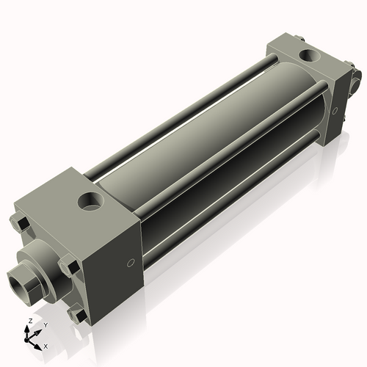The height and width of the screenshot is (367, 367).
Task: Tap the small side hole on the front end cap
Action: (x=131, y=263)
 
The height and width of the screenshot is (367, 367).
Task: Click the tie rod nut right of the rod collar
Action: (x=68, y=266)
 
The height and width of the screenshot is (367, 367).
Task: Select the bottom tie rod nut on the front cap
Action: (x=78, y=313)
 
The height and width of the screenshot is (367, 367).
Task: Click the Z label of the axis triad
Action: (x=29, y=321)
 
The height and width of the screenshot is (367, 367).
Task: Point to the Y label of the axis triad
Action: (x=46, y=324)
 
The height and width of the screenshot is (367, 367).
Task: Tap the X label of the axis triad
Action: (x=46, y=345)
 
